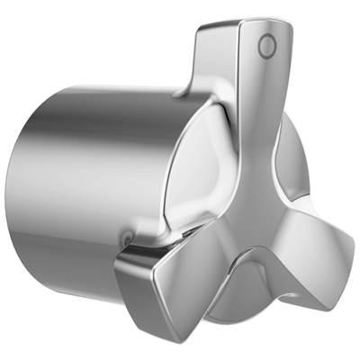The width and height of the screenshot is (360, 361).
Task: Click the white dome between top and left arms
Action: [x=198, y=180]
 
